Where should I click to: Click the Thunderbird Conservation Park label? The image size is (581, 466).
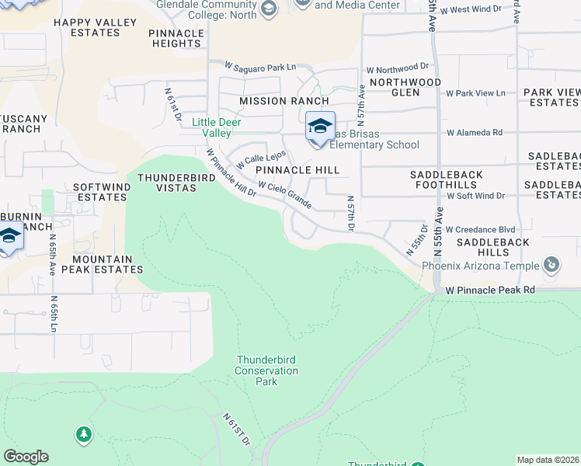click(266, 370)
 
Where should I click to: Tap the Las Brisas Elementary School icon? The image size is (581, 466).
click(320, 127)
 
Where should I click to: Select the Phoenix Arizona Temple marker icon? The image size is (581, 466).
click(551, 266)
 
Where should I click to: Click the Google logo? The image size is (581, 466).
click(26, 457)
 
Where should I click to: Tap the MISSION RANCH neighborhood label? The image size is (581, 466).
click(284, 101)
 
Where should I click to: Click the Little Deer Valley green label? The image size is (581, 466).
click(217, 127)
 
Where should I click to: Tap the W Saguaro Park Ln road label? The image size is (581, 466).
click(261, 67)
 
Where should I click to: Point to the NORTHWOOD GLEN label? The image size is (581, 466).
click(405, 87)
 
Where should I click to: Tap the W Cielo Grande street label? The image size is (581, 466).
click(285, 196)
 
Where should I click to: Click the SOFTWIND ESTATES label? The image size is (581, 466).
click(100, 193)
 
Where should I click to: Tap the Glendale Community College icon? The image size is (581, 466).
click(269, 9)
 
